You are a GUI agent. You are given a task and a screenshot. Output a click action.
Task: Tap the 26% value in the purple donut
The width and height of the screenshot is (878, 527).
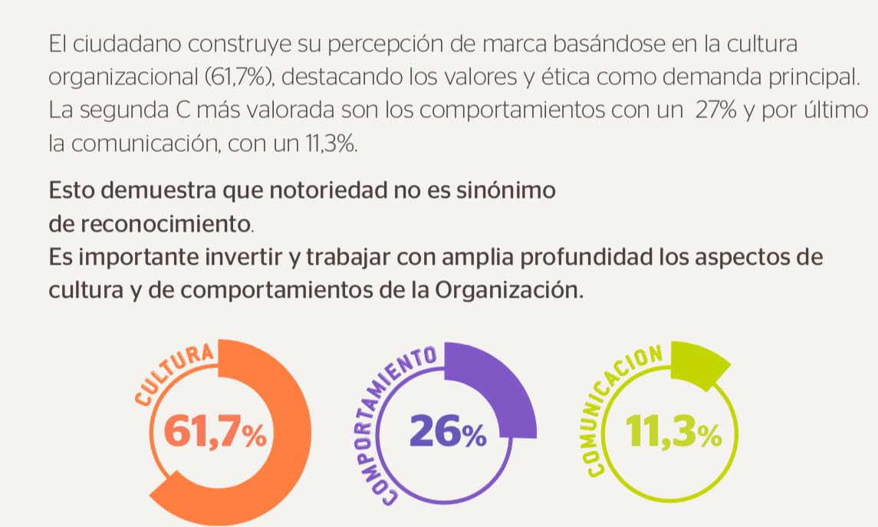pos(448,433)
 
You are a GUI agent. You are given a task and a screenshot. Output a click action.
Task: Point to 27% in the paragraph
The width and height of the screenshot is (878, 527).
pos(716,110)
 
